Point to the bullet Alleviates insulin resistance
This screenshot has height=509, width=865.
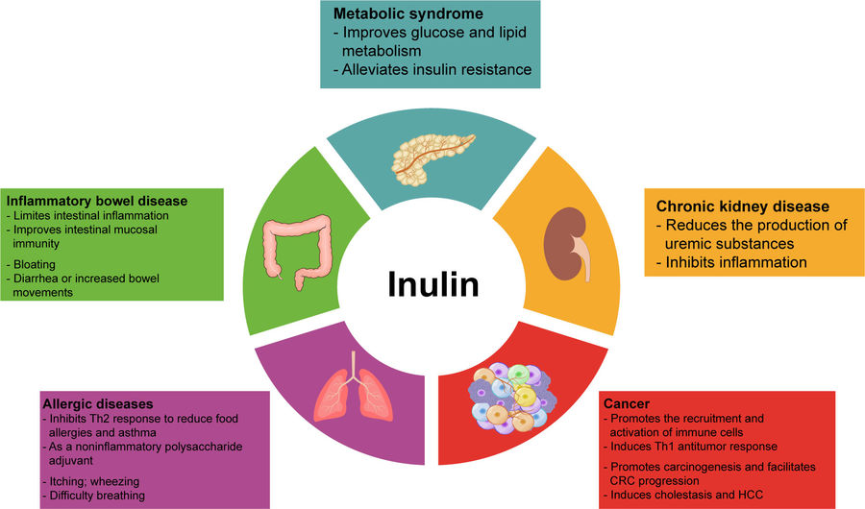click(433, 68)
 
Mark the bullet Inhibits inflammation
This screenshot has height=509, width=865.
click(730, 261)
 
